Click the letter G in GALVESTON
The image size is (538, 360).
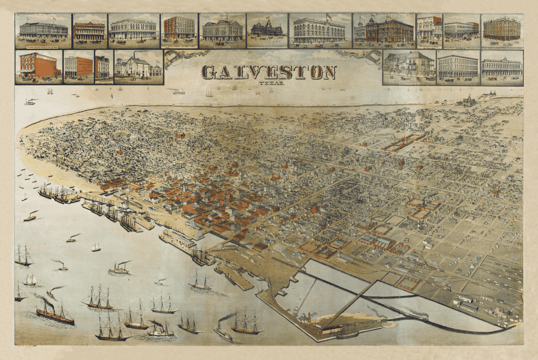[x=209, y=72]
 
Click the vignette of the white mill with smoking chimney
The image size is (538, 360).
[x=139, y=67]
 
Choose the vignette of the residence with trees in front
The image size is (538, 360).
[x=409, y=67]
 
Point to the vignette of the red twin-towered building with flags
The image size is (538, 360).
[x=384, y=30]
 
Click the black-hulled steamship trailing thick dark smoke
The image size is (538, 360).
[x=55, y=314]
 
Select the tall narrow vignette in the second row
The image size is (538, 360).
[x=102, y=67]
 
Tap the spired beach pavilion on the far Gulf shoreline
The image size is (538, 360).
[x=468, y=100]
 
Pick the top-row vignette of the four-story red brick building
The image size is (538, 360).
[x=179, y=30]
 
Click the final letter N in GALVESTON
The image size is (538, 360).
[x=329, y=72]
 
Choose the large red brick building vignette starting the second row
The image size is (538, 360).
[x=38, y=67]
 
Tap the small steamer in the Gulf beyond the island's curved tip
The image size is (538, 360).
[x=30, y=101]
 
